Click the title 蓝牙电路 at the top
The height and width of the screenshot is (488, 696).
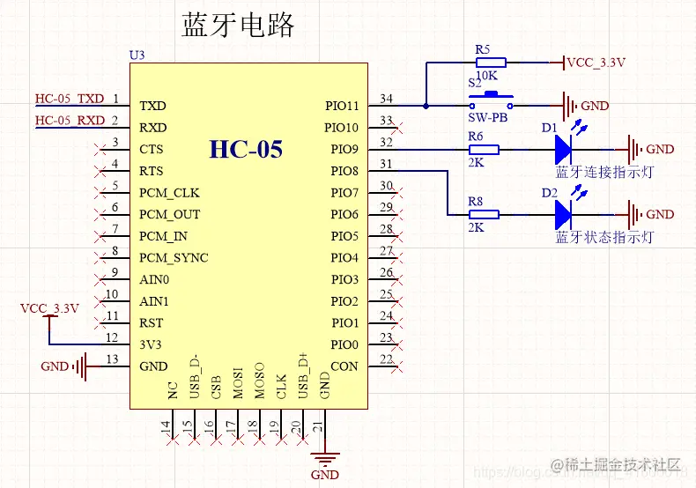pos(238,25)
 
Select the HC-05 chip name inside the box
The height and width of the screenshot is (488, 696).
pos(246,149)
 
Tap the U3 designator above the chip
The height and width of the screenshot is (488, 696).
pos(137,55)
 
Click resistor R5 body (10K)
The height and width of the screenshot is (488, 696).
pos(490,63)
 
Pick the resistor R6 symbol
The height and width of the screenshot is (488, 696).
pos(484,150)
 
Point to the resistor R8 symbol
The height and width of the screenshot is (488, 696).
pos(484,214)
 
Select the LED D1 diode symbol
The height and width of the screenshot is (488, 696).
pos(565,150)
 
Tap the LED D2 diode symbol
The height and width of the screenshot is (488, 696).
pos(565,214)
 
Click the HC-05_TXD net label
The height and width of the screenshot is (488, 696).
pos(69,98)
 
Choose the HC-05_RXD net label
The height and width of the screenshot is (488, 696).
pos(69,120)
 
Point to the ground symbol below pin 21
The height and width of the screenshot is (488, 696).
pos(325,458)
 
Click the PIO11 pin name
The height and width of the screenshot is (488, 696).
pos(344,106)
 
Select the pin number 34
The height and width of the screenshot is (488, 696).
pos(386,98)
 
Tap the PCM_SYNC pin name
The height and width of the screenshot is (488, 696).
pos(174,258)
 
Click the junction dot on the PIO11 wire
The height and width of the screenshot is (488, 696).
pos(426,106)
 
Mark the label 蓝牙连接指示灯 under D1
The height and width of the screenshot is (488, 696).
pos(604,172)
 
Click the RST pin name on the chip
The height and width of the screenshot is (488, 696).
pos(151,322)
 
